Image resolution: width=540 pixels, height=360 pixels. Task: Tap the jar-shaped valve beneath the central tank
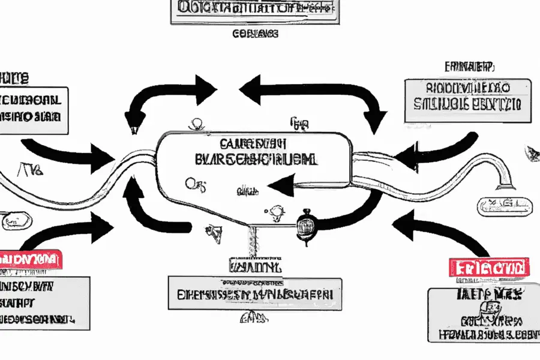[307, 227]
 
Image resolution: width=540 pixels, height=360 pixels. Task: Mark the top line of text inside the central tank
[252, 144]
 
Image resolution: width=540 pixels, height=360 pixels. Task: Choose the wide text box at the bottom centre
[255, 294]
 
